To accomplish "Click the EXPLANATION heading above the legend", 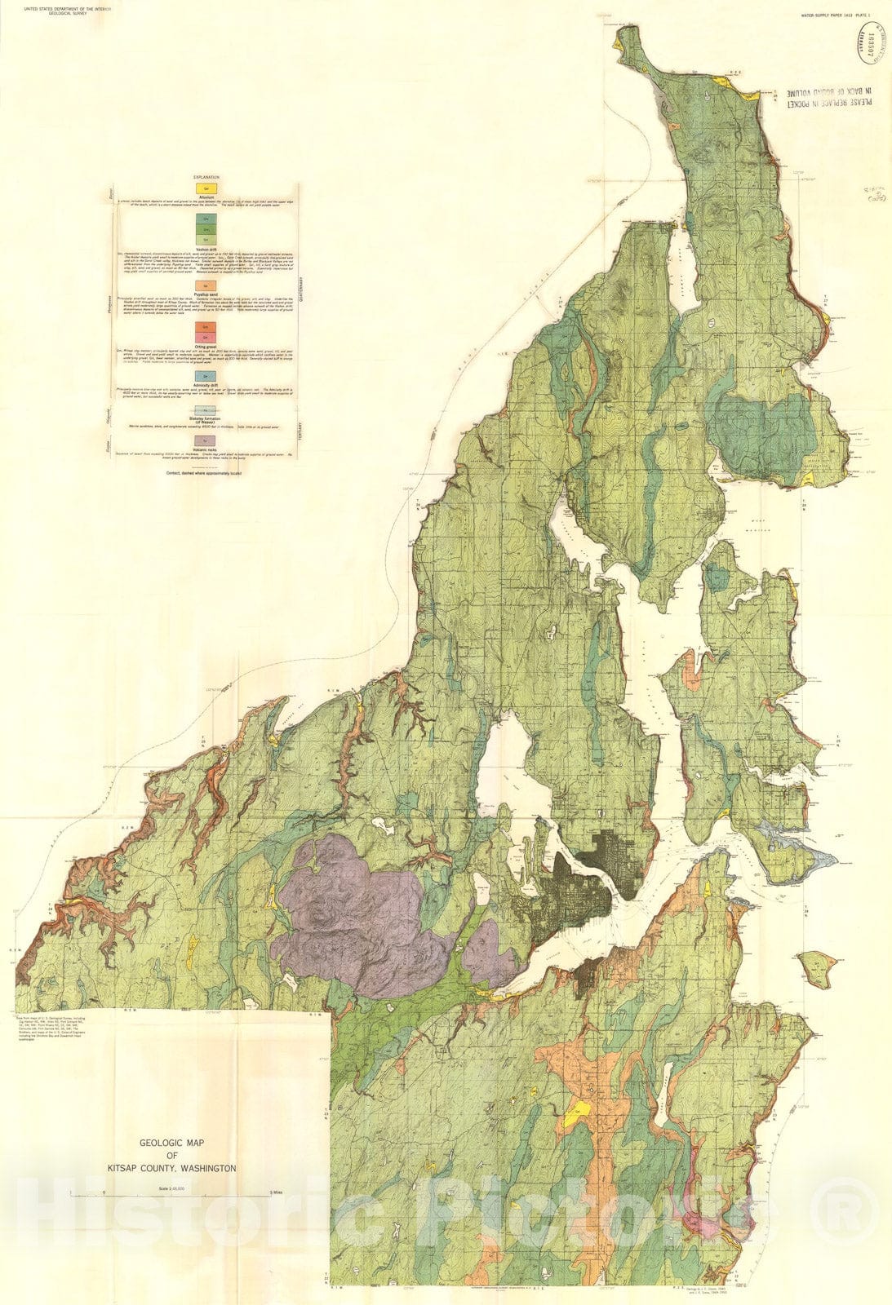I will (x=206, y=177).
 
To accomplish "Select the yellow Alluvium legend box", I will (x=206, y=188).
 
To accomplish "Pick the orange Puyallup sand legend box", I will (x=206, y=285).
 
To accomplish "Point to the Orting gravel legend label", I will (x=206, y=345).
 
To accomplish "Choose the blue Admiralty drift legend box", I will (x=206, y=375).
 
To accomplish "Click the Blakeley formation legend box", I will (x=206, y=411).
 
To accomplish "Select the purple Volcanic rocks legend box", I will (x=206, y=440).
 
